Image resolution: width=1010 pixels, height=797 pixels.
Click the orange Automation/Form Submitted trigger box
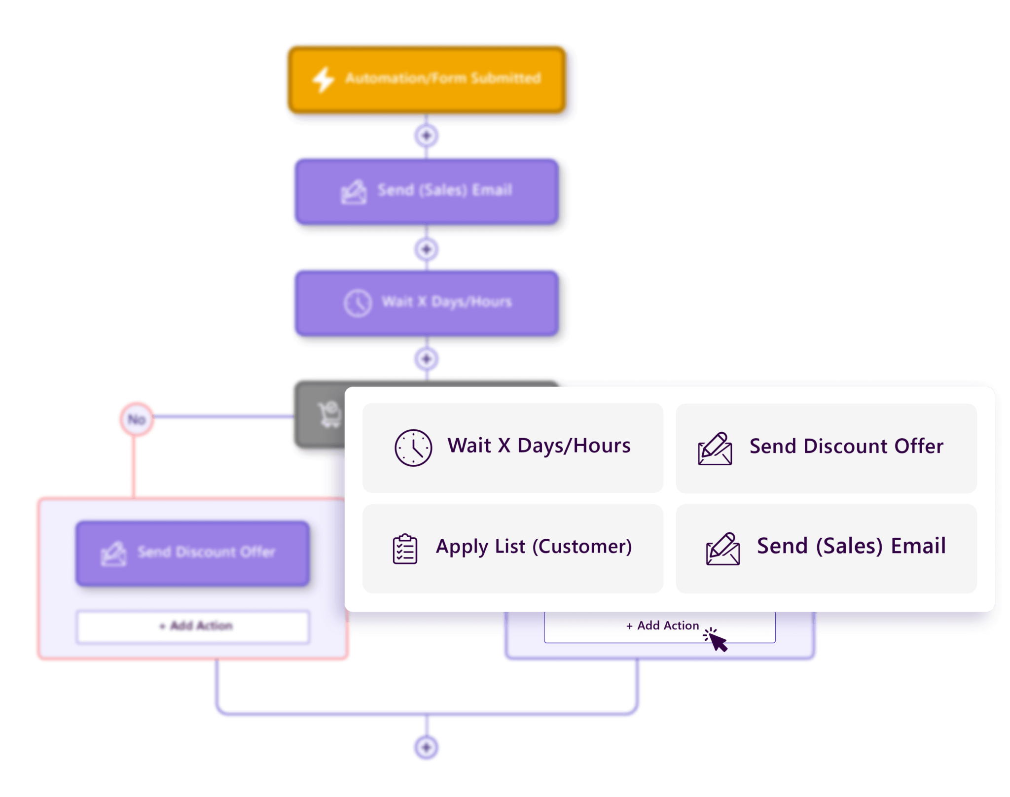pos(427,79)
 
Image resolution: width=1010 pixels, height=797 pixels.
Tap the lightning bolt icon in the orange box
pos(324,79)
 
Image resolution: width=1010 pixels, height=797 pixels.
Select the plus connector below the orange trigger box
pos(427,136)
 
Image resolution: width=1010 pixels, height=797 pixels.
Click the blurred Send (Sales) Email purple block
pos(427,191)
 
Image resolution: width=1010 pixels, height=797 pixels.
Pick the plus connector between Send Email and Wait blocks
pos(427,249)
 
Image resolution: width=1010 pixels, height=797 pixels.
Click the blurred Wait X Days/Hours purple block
pos(427,302)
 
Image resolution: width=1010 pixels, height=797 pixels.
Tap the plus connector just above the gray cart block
pos(427,359)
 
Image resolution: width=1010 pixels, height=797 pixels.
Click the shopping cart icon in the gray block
pos(329,414)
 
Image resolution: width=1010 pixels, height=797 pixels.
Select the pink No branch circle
pos(137,419)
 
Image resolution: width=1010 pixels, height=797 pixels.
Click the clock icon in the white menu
pos(413,448)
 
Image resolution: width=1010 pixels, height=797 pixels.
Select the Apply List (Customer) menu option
pos(513,548)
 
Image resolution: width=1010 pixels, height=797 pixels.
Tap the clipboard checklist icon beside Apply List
pos(405,549)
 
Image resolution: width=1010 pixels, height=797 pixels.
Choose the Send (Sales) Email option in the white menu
pos(826,548)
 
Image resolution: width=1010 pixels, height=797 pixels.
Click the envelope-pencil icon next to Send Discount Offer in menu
pos(715,449)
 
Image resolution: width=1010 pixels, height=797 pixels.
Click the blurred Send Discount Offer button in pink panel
pos(193,553)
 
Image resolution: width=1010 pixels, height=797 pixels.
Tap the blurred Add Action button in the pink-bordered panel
pos(193,626)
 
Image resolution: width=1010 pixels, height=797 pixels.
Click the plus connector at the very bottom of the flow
pos(427,747)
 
